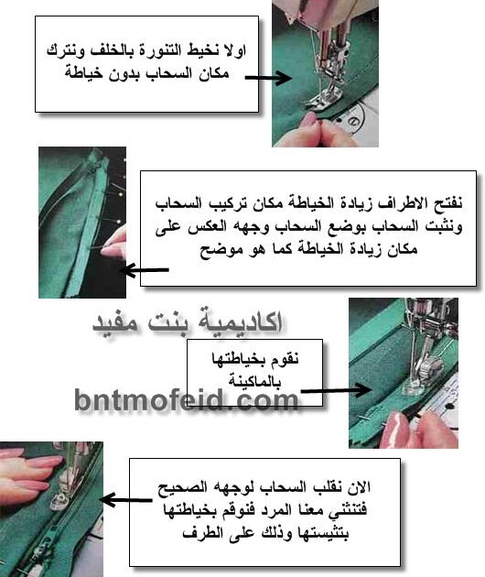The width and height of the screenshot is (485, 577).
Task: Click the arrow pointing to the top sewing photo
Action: pos(268,78)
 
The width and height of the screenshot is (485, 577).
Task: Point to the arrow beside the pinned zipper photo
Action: pos(145,270)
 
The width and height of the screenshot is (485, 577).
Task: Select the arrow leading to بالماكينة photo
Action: pos(336,390)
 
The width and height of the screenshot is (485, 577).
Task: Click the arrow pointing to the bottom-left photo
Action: pos(125,500)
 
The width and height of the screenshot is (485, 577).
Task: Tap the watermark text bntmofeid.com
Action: pos(186,399)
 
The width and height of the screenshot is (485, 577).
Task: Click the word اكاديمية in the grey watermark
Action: pos(240,322)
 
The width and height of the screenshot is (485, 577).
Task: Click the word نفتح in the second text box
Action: pos(448,203)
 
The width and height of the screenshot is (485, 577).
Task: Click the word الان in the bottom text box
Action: pos(358,487)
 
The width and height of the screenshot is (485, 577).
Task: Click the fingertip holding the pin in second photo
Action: pos(113,250)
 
